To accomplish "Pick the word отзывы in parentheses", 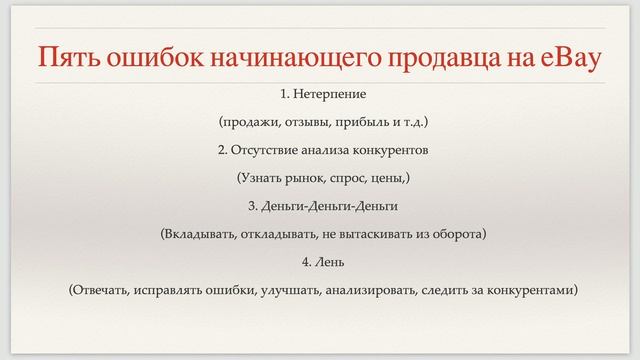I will pos(304,123).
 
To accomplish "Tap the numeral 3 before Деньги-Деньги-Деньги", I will pos(252,207).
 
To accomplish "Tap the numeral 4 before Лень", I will pos(304,263).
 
